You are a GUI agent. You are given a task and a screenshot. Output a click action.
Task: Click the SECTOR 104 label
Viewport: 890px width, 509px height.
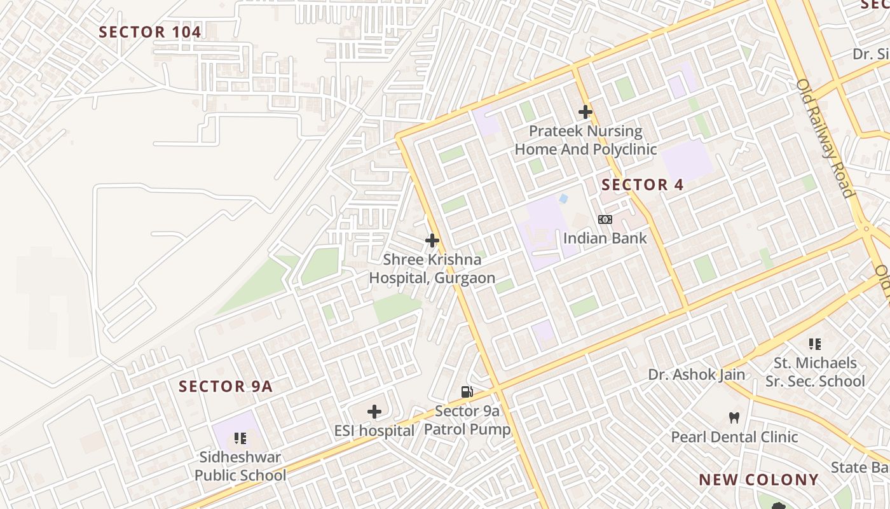pos(150,32)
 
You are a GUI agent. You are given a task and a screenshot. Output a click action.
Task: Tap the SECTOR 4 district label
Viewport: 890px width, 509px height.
pos(642,185)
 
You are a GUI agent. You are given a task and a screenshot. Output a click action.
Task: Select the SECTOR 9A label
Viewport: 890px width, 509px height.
pos(225,386)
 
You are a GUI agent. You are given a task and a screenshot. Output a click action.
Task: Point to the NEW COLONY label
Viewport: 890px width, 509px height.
pos(758,480)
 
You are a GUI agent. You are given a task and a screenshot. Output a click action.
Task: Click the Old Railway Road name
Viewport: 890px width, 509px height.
pos(825,138)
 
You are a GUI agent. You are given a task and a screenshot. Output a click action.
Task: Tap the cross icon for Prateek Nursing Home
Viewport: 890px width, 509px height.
pos(585,113)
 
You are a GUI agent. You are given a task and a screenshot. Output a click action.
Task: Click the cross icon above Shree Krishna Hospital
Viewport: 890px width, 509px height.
pos(432,241)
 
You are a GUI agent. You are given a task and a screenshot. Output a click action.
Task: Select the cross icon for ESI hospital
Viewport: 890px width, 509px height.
pos(374,412)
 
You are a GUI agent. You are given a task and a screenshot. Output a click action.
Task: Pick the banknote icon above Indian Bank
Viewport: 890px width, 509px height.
pos(605,220)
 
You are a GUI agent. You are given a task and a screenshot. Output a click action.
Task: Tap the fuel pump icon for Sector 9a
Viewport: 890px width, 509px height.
pos(467,392)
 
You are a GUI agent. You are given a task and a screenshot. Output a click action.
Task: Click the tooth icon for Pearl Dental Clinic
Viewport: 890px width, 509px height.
pos(734,418)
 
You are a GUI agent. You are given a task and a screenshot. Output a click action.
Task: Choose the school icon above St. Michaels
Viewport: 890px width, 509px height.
pos(815,344)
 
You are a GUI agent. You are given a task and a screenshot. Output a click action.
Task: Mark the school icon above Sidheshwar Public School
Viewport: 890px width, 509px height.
pos(240,438)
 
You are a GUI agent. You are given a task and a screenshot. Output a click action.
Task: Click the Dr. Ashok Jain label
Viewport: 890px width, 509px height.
pos(696,375)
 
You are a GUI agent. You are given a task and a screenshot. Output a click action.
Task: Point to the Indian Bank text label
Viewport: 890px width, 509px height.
pos(605,239)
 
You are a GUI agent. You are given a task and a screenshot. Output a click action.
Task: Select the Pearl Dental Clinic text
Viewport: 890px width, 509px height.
pos(734,437)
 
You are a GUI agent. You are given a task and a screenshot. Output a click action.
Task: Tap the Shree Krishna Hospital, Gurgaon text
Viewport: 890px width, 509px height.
pos(432,269)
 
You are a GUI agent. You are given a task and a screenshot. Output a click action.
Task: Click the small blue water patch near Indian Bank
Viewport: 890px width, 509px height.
pos(563,199)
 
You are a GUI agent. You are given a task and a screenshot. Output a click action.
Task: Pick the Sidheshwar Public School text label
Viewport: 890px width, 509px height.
pos(240,466)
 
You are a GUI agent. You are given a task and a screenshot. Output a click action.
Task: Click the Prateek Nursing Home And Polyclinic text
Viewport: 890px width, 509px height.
pos(585,141)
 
